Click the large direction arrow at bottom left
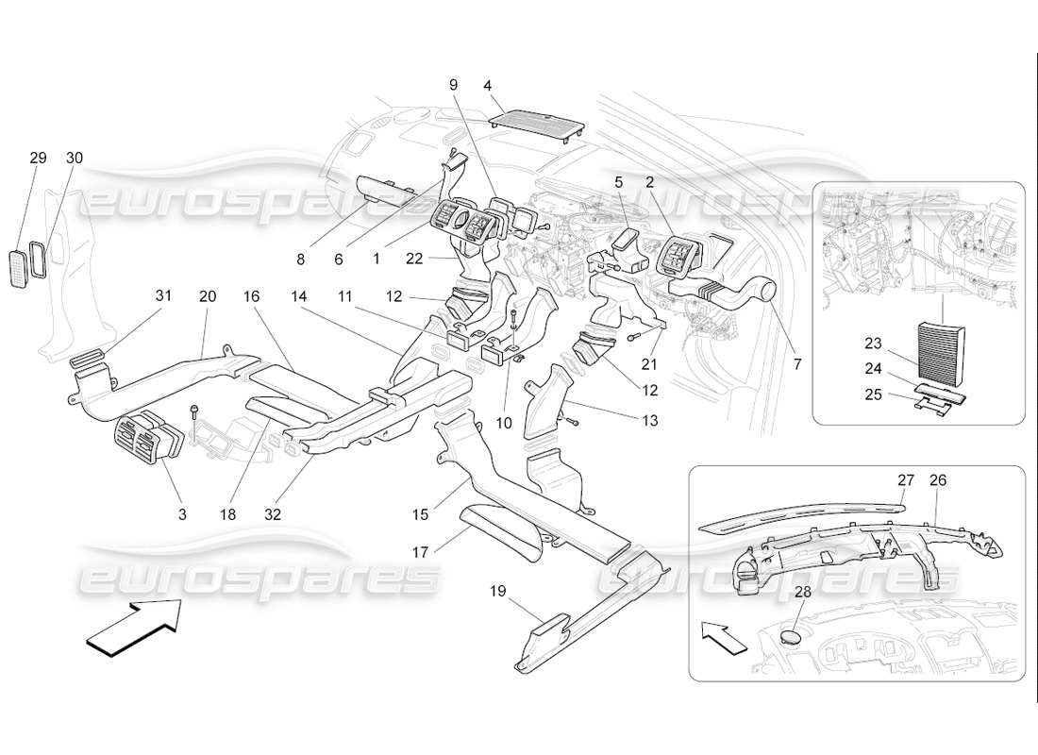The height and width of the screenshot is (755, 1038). coord(133,628)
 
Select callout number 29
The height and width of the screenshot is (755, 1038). coord(38,158)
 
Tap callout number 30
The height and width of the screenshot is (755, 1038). coord(74,158)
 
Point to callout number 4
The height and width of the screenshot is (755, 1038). coord(488,85)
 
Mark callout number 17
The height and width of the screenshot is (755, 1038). coord(420,549)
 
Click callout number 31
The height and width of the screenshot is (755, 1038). coord(163,295)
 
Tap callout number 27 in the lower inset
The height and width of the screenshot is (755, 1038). coord(905,479)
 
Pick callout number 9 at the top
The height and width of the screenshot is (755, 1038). coord(453,85)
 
